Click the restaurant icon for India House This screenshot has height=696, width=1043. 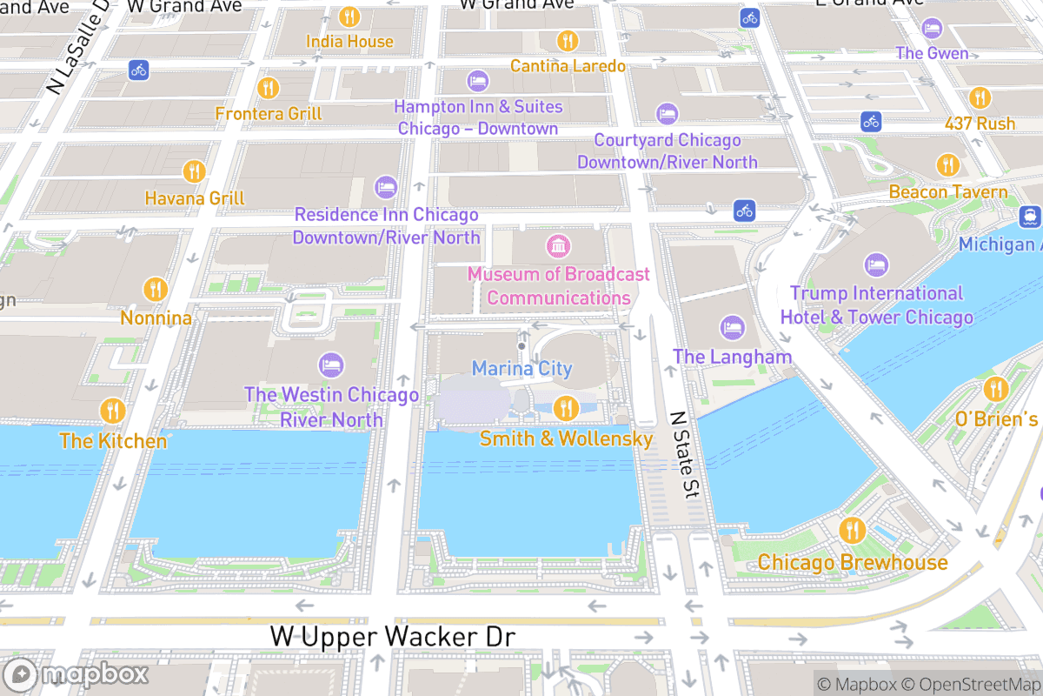(349, 17)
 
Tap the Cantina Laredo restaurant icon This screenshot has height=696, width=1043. (568, 40)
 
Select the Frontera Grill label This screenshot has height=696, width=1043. (269, 114)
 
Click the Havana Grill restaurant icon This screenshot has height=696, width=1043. (194, 171)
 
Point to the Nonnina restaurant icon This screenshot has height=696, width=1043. (156, 290)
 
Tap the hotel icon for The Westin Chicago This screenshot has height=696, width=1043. (331, 365)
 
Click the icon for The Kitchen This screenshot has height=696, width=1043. (112, 410)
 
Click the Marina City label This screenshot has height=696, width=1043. (521, 369)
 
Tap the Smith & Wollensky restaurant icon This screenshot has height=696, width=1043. (566, 407)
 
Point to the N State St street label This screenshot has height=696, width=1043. (686, 455)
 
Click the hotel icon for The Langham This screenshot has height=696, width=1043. (733, 328)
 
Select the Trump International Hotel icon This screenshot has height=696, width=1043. (876, 264)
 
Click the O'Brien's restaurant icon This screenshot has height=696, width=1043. (995, 390)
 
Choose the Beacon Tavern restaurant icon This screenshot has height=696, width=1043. (948, 164)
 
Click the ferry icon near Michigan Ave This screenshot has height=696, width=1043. (1030, 215)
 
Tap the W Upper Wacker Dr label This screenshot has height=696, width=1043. (393, 637)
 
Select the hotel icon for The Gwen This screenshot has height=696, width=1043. (933, 28)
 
